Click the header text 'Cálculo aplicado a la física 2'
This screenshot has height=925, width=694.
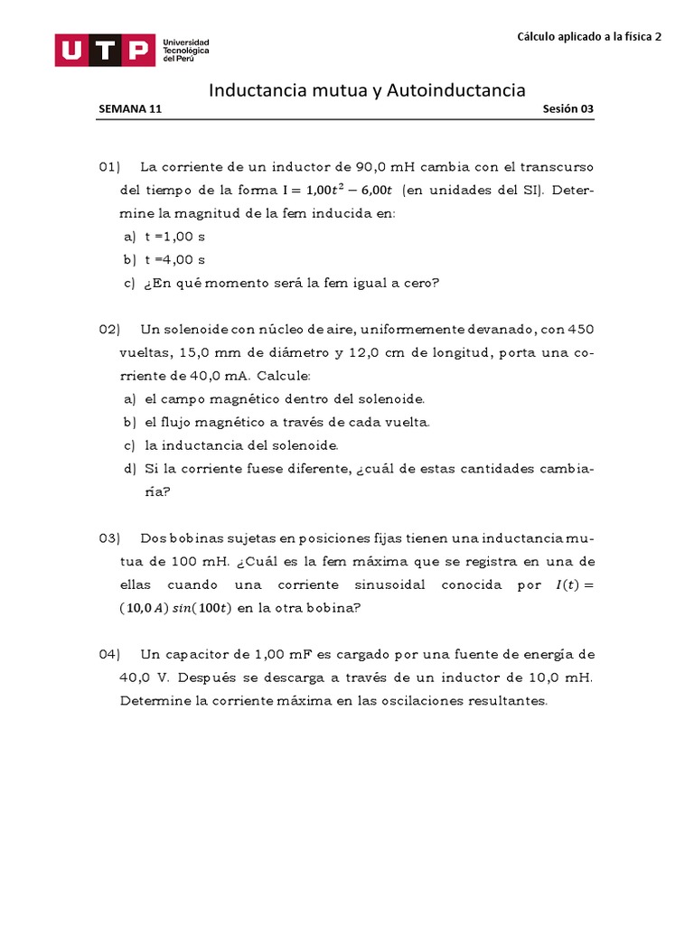click(x=589, y=37)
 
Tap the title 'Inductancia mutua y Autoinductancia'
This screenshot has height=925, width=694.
click(x=367, y=90)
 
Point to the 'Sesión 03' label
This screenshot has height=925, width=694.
click(x=568, y=108)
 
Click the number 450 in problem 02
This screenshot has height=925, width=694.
click(x=578, y=329)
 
